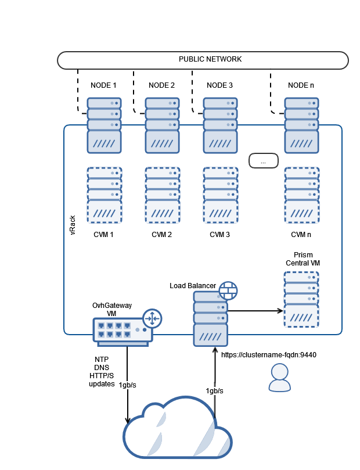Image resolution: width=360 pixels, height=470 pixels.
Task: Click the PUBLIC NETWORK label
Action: (x=210, y=59)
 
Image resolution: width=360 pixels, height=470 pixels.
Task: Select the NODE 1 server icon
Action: (x=104, y=125)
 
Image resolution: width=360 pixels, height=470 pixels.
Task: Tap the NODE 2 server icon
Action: (x=162, y=125)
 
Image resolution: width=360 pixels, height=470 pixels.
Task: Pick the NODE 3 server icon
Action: (x=220, y=125)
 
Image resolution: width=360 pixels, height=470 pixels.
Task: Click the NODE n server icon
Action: (x=301, y=125)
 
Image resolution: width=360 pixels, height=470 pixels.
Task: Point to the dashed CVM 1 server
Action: (x=104, y=195)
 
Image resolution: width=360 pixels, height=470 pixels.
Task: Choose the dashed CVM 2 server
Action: (x=162, y=195)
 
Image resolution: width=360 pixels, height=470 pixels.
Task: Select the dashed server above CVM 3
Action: (x=220, y=195)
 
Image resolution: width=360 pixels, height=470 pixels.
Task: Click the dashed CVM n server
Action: (x=301, y=195)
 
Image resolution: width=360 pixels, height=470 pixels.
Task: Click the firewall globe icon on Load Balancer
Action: (x=228, y=290)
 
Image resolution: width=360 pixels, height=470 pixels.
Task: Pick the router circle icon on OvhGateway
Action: (x=152, y=318)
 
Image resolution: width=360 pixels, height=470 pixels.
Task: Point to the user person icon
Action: (x=279, y=378)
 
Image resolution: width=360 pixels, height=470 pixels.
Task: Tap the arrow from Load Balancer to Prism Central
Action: (x=255, y=311)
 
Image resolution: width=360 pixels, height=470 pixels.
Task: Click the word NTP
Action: (x=102, y=360)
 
